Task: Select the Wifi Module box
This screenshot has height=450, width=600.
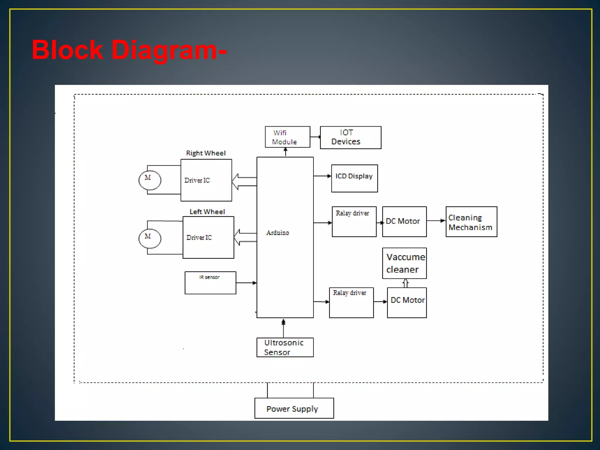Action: (x=287, y=137)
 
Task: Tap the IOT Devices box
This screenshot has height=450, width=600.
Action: (x=350, y=137)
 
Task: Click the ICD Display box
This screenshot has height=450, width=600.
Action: (x=354, y=178)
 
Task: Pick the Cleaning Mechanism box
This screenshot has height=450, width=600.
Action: (x=471, y=222)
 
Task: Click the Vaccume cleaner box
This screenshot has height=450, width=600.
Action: (x=404, y=263)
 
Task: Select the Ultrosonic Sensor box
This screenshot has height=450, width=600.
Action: (x=285, y=347)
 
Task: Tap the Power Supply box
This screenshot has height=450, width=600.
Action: (x=294, y=408)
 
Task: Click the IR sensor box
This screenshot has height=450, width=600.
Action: (x=210, y=283)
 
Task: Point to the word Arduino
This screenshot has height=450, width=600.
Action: (x=277, y=233)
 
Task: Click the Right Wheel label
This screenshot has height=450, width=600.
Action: (x=206, y=153)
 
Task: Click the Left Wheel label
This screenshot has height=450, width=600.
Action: (x=207, y=212)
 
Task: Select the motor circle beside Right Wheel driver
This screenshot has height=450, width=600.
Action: (x=150, y=180)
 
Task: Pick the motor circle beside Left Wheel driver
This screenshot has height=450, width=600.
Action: (x=150, y=238)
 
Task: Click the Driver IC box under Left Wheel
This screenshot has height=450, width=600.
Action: (x=208, y=237)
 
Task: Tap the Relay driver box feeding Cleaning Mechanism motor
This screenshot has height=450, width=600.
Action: (x=354, y=222)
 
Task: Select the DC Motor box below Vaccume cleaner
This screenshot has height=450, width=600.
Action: (x=407, y=303)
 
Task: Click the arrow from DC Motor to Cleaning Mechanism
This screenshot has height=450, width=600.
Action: (x=436, y=221)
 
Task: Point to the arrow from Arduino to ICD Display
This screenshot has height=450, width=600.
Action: (x=322, y=176)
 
